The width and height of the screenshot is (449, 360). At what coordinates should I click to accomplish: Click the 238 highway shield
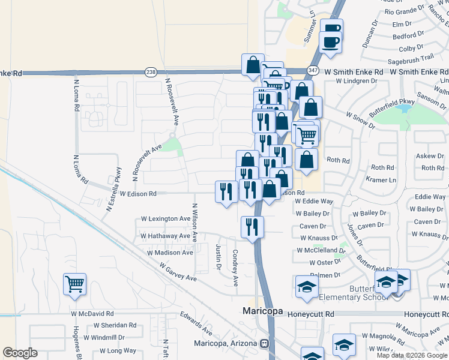coord(149,71)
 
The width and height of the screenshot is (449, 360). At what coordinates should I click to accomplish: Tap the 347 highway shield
coord(312,70)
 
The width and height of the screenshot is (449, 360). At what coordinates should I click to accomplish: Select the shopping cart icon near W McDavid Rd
coord(74,284)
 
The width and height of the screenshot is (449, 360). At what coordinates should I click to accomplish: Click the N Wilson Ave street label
coord(194,222)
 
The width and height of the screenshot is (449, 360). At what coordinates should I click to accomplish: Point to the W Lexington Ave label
coord(165,219)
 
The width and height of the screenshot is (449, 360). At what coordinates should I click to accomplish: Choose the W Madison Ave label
coord(170,253)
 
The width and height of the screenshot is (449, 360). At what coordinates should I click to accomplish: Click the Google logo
coord(20,353)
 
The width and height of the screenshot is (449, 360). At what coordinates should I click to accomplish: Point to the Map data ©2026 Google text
coord(412,355)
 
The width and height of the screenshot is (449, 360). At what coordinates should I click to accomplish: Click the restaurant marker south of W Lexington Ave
coord(252,227)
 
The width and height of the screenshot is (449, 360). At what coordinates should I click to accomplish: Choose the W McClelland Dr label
coord(321,250)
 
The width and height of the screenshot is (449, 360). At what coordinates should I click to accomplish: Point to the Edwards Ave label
coord(197,322)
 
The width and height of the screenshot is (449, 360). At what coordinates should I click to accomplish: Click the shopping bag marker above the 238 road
coord(253,64)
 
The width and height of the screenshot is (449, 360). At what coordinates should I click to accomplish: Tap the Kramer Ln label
coord(384,180)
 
